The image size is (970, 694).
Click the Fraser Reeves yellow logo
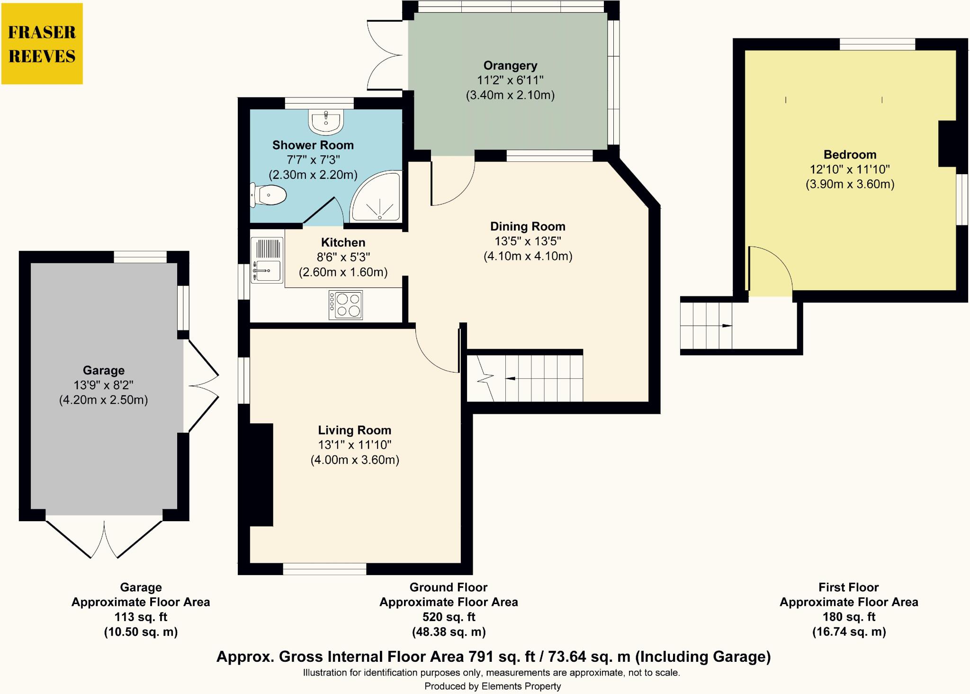42,44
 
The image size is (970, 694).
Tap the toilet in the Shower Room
269,195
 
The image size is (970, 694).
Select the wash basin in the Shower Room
326,121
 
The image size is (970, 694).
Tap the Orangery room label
510,65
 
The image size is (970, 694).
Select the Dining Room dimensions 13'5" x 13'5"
528,241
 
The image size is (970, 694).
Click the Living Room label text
354,430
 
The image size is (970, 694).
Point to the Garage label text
104,370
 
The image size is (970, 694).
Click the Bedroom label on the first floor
850,154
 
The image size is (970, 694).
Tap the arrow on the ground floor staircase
511,378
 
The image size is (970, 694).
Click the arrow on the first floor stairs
727,326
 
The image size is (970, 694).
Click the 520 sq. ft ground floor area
448,617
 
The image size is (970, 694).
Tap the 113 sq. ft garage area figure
141,617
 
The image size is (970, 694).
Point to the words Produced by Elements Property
492,686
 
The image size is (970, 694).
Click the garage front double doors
104,540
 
